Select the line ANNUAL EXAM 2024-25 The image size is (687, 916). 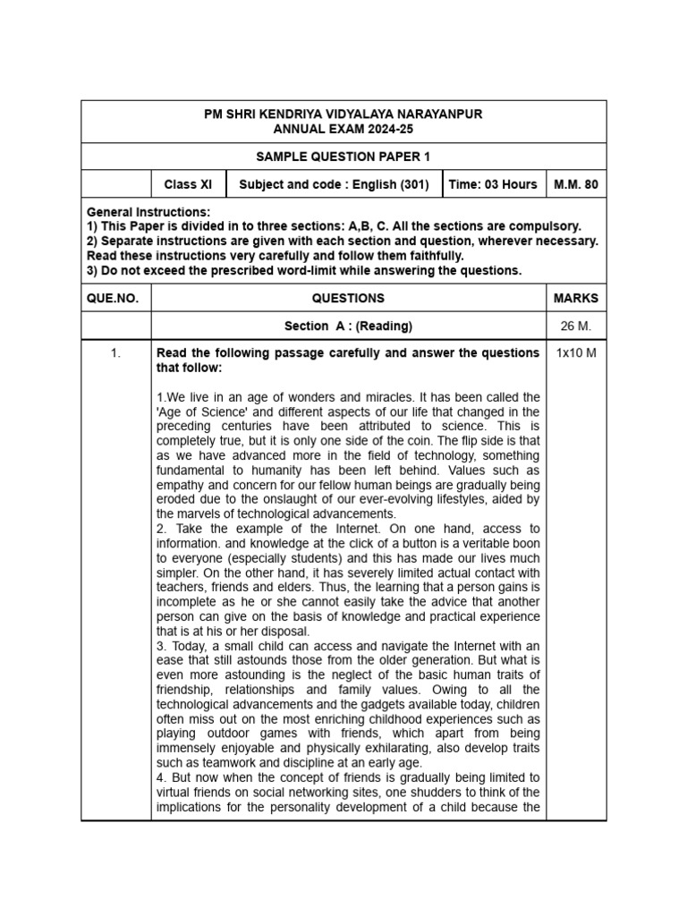point(343,130)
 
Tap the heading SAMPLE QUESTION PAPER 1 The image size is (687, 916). point(343,157)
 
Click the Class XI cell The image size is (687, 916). point(188,184)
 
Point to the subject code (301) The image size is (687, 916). point(412,184)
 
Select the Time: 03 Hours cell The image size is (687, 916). point(492,184)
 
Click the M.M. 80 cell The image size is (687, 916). point(575,184)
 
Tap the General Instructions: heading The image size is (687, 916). point(148,212)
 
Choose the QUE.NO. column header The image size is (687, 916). point(113,298)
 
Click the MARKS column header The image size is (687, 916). point(575,298)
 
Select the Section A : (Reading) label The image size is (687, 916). point(348,327)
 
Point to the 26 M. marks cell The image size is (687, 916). point(575,327)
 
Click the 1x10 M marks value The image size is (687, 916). point(575,353)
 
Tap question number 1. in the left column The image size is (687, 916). point(115,353)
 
